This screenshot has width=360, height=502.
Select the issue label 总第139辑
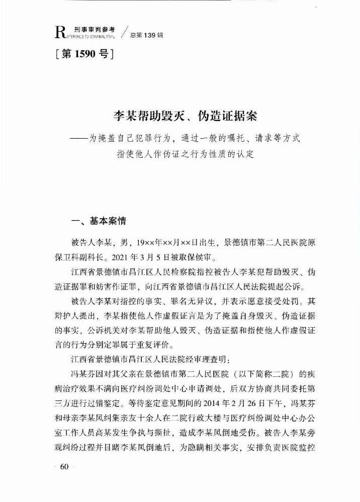(146, 35)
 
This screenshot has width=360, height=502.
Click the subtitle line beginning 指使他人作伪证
(186, 154)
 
